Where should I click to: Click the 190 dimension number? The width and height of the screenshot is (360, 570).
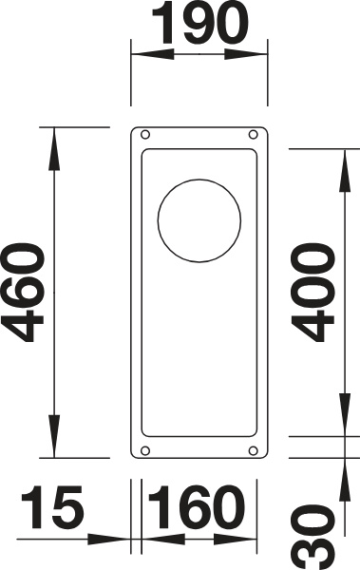(199, 23)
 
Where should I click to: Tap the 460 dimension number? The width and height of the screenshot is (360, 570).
(23, 293)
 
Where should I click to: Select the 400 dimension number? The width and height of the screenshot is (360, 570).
(313, 293)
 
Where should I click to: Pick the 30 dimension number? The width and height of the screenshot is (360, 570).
(313, 537)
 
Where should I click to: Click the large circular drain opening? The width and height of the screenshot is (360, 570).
(199, 220)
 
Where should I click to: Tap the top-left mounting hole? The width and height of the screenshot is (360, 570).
(145, 135)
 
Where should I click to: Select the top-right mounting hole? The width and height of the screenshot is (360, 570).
(253, 135)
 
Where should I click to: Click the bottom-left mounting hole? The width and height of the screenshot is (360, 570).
(145, 450)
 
